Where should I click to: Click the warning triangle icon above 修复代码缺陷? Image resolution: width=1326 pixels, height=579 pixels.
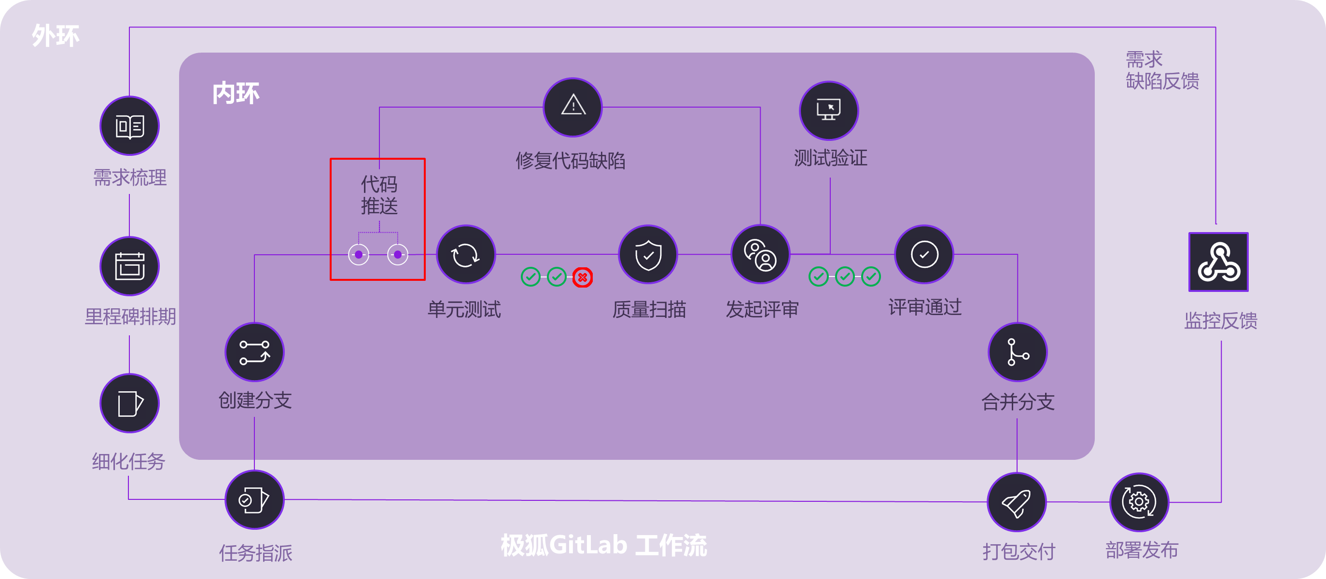click(573, 107)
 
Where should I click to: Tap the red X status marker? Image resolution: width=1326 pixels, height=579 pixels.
click(582, 277)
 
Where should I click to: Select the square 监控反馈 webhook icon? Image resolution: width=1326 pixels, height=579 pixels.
click(1218, 262)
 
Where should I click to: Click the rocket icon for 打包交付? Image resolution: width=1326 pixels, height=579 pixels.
click(1017, 502)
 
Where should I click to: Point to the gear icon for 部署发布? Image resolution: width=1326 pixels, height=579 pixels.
click(1139, 502)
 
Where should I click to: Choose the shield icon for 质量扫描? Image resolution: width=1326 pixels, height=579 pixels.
click(648, 254)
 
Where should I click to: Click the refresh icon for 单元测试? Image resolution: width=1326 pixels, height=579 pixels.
click(465, 254)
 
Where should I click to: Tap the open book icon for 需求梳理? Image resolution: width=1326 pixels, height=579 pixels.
click(129, 125)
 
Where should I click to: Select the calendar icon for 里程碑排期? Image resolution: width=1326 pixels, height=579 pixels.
click(129, 266)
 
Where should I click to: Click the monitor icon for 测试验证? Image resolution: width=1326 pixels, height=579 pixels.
click(829, 110)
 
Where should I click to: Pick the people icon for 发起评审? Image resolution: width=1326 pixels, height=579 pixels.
click(760, 254)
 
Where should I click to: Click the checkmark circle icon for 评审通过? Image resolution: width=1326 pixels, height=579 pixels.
click(924, 254)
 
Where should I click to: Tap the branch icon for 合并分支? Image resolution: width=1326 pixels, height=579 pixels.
click(1018, 352)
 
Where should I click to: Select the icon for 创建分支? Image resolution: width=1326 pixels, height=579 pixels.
click(254, 352)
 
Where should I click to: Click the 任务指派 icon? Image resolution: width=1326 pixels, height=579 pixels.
click(254, 500)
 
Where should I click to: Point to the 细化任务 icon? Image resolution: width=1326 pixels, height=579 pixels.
click(129, 403)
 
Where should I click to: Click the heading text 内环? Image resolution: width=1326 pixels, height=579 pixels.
click(236, 94)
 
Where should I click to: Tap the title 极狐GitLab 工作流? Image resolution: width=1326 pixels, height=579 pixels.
click(604, 545)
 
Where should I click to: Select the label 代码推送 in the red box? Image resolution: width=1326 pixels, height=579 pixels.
click(379, 195)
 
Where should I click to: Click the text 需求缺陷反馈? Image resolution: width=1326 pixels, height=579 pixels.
click(1162, 70)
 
